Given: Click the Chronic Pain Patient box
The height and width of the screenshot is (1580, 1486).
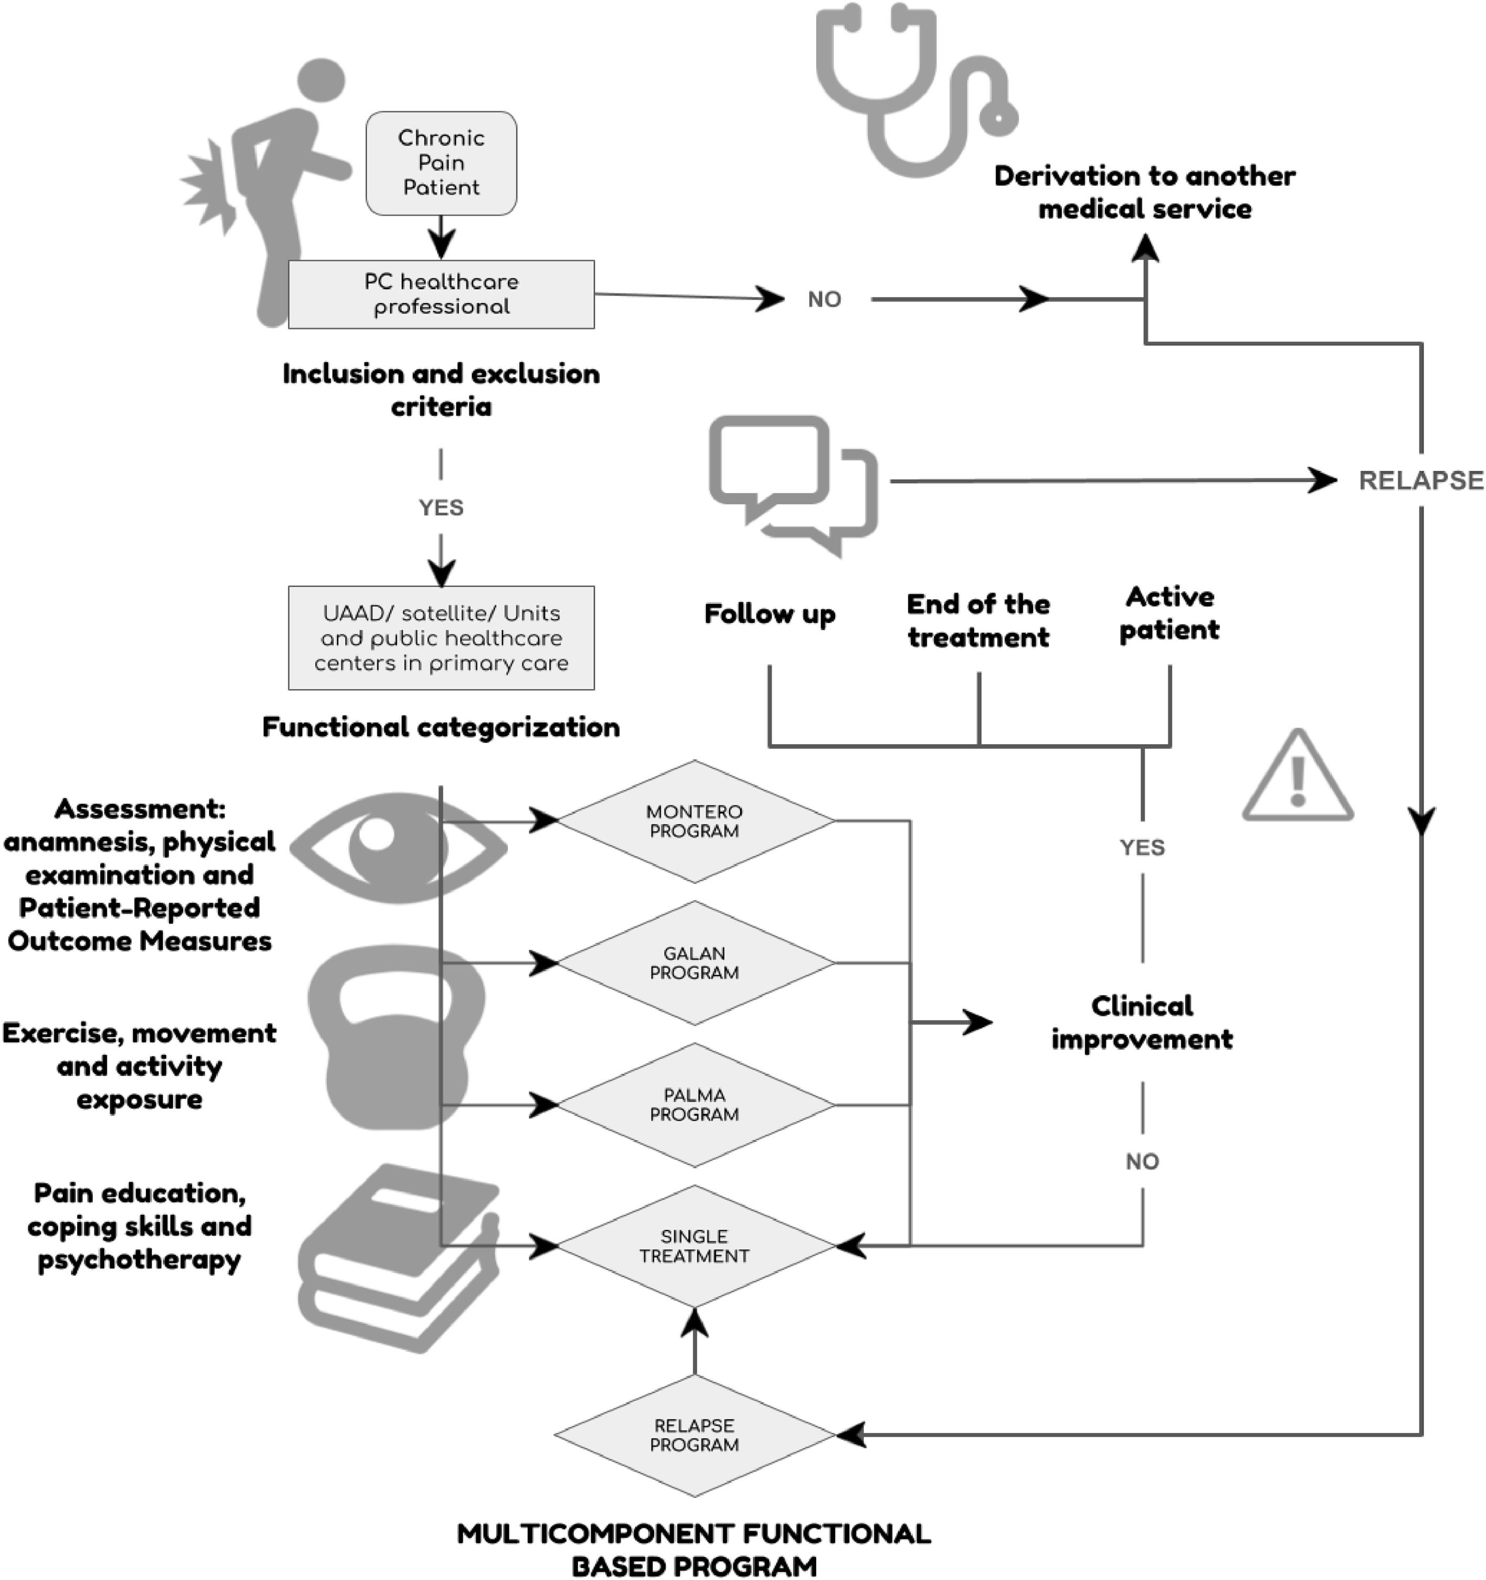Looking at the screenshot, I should (441, 163).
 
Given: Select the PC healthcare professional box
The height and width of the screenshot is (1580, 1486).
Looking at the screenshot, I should (441, 294).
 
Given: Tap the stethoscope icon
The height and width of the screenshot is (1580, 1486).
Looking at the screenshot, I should (914, 88).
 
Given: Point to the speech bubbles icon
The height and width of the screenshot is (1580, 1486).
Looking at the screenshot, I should (793, 485).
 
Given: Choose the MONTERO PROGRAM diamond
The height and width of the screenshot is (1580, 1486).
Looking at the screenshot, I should (694, 821).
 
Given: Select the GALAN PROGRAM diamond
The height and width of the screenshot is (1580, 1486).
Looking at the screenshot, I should (694, 962).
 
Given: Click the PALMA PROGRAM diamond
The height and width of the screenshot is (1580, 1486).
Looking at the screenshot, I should (694, 1105).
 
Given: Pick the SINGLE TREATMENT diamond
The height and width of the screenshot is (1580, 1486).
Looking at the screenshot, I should (694, 1246).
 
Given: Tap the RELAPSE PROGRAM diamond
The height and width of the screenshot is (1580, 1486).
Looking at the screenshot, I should (694, 1435).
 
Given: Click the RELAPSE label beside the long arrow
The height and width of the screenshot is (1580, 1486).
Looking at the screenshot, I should (1420, 481).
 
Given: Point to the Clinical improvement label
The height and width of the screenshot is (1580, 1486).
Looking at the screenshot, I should (1142, 1023).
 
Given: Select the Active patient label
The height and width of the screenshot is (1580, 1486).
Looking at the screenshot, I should (1169, 613).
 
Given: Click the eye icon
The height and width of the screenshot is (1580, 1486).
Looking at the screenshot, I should (397, 848).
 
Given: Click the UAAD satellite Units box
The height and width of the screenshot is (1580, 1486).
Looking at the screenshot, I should (441, 638).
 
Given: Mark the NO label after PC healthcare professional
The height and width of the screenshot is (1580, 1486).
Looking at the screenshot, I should (824, 300).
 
